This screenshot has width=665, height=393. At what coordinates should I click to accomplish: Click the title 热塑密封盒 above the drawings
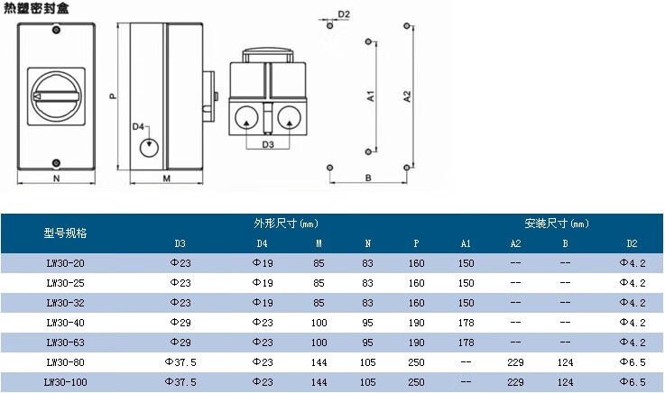tap(36, 8)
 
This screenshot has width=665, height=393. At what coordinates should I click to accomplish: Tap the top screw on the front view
tap(56, 30)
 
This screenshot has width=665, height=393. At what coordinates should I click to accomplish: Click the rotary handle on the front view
tap(56, 96)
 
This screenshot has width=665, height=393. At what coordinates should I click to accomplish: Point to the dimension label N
tap(57, 178)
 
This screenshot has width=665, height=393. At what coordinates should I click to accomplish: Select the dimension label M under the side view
tap(166, 178)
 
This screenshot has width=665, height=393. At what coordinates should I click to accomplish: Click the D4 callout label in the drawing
tap(138, 126)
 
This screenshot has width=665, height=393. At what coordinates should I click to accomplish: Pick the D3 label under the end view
tap(268, 144)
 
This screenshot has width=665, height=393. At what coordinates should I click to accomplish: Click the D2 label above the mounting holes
tap(344, 14)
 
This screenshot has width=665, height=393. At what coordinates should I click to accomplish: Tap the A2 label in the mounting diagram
tap(407, 96)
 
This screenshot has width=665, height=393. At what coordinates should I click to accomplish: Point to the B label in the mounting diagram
tap(368, 178)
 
